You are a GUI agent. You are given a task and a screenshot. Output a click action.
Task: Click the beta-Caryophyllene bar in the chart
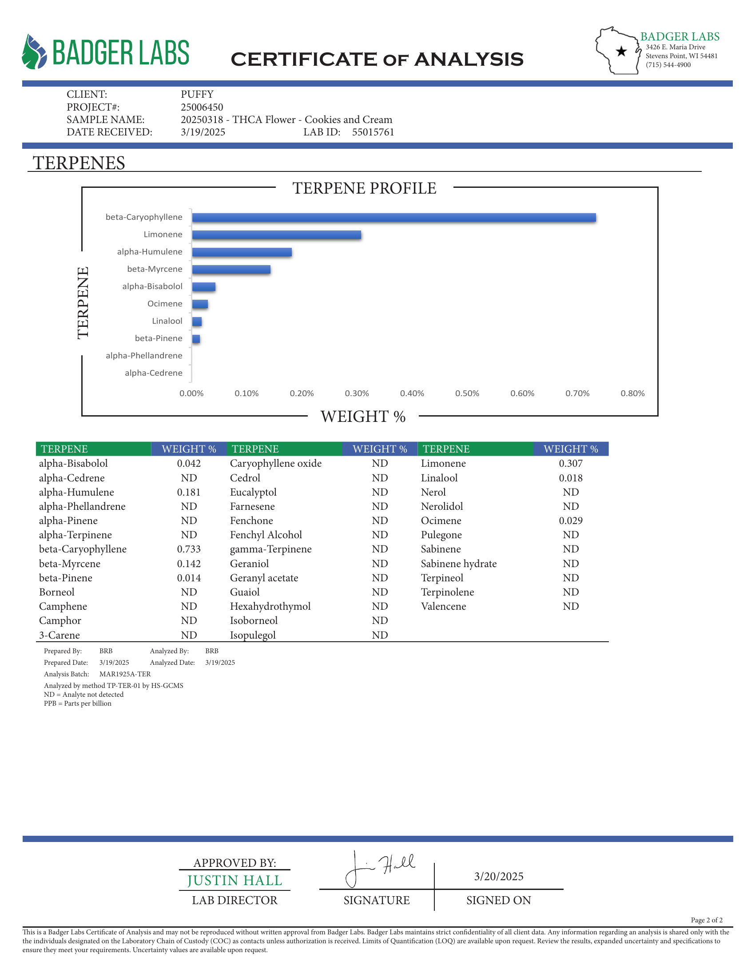coord(393,218)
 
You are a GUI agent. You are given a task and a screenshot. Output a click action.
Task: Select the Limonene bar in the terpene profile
coord(276,235)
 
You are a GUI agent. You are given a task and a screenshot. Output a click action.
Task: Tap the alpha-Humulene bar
coord(242,252)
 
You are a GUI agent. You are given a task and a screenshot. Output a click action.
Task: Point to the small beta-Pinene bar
coord(196,339)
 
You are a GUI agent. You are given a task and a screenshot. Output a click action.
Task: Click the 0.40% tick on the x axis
coord(412,393)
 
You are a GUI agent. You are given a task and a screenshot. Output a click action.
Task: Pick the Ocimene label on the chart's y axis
coord(165,304)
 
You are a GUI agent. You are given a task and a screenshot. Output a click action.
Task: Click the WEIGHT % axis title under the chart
coord(363,417)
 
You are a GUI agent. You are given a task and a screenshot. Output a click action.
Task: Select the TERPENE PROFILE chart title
coord(364,188)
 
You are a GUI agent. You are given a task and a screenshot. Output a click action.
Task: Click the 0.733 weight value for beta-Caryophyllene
coord(189,549)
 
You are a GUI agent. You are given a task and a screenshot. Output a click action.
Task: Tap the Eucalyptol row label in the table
coord(253,492)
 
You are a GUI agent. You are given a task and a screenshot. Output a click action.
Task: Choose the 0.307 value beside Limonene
coord(571,464)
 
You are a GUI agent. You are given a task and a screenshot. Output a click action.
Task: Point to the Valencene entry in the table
coord(443,606)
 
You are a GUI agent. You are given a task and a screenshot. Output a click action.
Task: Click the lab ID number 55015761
coord(373,132)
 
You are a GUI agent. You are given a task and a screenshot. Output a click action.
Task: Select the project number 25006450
coord(202,107)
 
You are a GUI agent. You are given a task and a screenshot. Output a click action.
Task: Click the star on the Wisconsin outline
coord(621,52)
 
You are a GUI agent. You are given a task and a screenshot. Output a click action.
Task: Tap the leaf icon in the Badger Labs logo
coord(34,52)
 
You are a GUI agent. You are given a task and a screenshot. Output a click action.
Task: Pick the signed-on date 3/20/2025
coord(499,876)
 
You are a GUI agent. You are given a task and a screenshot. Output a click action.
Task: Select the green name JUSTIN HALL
coord(234,880)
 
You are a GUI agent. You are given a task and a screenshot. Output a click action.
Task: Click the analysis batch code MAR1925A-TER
coord(125,674)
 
